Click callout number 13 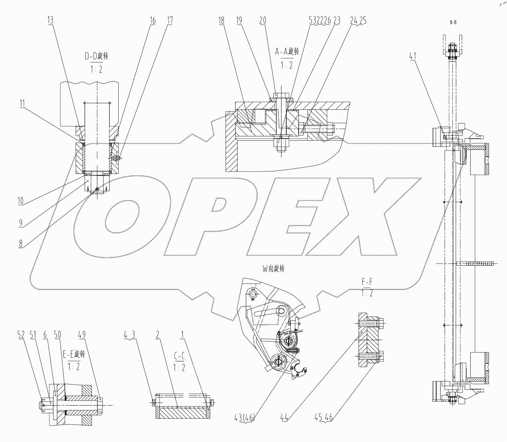click(x=50, y=20)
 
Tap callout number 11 click(x=22, y=103)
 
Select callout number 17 click(x=169, y=21)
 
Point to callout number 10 click(x=21, y=201)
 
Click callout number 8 click(x=21, y=243)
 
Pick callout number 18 click(x=221, y=21)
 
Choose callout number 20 click(x=263, y=21)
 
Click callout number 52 click(x=21, y=335)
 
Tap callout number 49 click(x=82, y=335)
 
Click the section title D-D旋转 click(x=96, y=56)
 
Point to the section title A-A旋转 click(x=287, y=51)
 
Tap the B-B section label click(x=453, y=22)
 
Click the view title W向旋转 click(x=273, y=268)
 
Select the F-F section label click(x=367, y=282)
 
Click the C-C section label click(x=179, y=356)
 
